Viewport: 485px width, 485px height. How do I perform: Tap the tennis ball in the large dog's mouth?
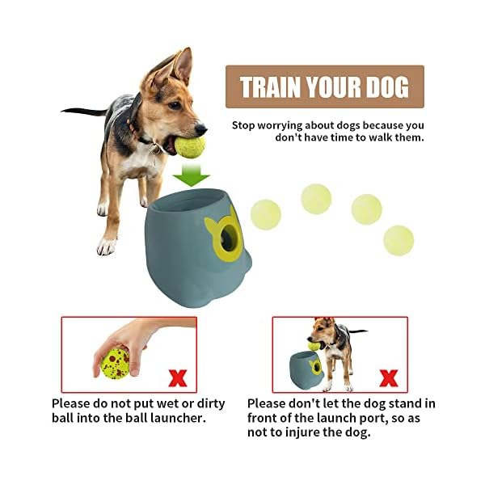click(x=190, y=146)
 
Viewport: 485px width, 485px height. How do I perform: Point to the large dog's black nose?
click(x=201, y=128)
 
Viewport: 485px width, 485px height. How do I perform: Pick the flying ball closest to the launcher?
click(x=265, y=214)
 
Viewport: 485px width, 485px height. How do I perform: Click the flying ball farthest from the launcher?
click(x=399, y=240)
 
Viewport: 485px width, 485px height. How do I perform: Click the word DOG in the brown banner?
click(x=385, y=86)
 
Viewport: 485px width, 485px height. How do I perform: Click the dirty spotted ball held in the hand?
click(x=116, y=363)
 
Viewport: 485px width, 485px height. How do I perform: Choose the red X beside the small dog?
click(x=389, y=377)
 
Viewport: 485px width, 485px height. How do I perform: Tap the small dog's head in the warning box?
click(x=321, y=332)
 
